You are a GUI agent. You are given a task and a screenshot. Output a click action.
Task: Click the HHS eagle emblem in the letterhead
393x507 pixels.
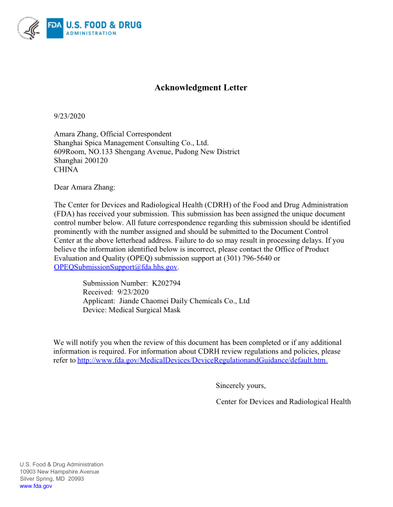click(30, 28)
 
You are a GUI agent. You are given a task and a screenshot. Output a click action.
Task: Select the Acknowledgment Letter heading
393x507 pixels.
click(200, 87)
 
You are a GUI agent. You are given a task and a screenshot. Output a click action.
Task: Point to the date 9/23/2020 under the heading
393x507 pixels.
click(69, 116)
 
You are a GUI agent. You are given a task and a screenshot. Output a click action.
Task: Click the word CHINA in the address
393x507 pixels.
click(65, 170)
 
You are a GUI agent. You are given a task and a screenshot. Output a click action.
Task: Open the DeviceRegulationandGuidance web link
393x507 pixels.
click(202, 360)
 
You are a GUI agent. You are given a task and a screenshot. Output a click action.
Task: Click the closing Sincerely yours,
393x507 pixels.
click(241, 386)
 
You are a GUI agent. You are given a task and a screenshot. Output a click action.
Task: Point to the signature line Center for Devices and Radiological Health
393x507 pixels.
click(284, 402)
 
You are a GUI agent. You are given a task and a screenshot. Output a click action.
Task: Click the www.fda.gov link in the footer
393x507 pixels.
click(36, 486)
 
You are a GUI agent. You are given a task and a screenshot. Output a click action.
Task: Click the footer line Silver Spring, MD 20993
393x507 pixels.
click(51, 479)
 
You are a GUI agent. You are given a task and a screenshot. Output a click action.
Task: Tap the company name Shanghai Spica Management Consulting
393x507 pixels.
click(131, 143)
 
